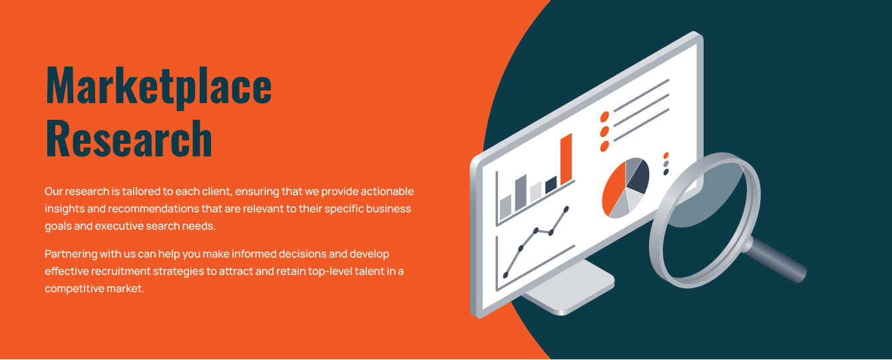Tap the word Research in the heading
[x=129, y=138]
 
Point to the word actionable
[x=387, y=192]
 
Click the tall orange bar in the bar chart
[x=566, y=159]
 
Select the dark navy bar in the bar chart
[x=551, y=185]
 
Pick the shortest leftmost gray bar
[x=505, y=207]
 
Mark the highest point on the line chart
[x=566, y=209]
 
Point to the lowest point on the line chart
[x=506, y=275]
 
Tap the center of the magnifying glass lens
[x=706, y=221]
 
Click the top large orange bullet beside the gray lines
[x=604, y=117]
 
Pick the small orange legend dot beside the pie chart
[x=666, y=155]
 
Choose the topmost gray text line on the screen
[x=642, y=96]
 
